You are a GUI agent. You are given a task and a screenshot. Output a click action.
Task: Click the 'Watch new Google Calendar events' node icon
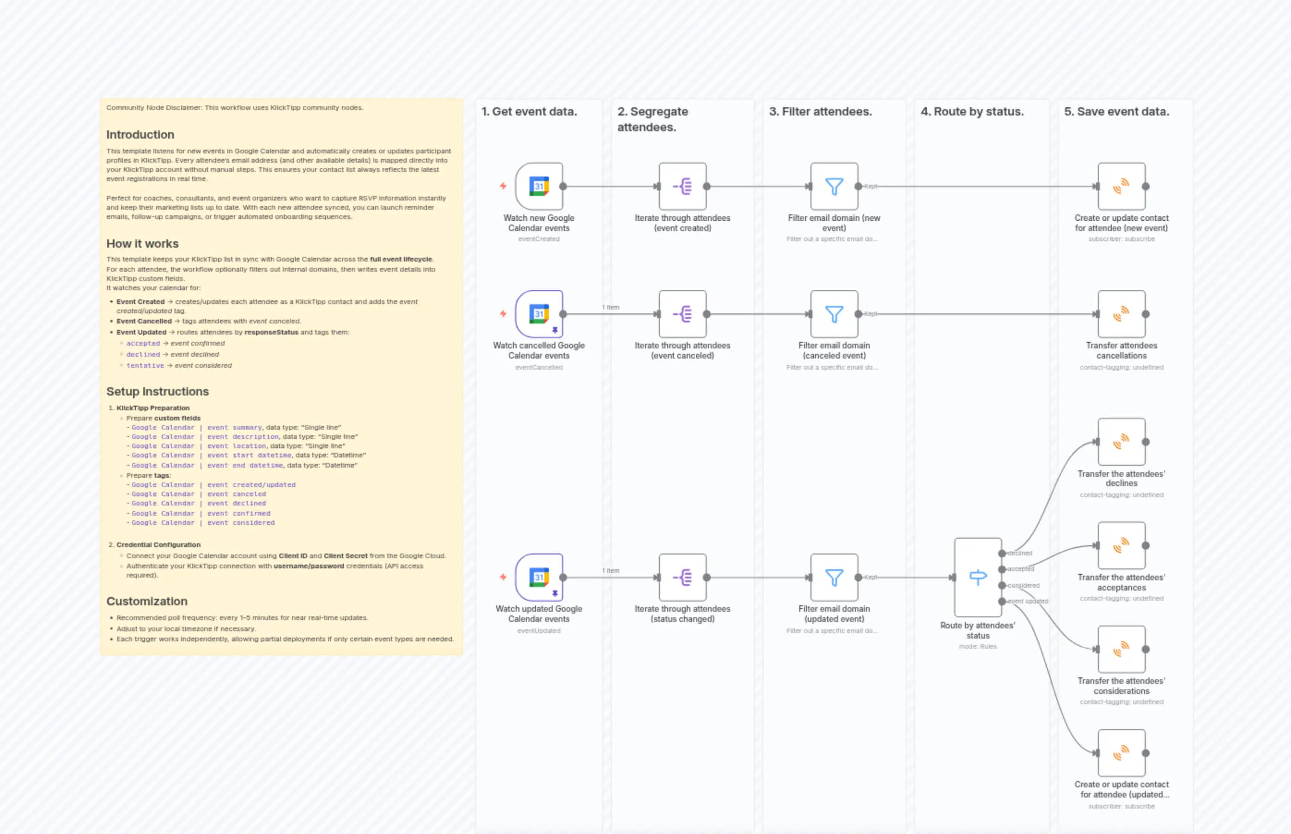click(x=539, y=186)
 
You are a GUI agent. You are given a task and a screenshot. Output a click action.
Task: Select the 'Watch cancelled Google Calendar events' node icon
click(x=539, y=314)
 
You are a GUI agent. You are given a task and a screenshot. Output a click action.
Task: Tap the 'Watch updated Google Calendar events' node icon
click(x=539, y=577)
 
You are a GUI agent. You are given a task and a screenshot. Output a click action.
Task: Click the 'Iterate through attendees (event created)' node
click(x=682, y=186)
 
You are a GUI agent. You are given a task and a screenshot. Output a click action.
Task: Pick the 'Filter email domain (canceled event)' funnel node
click(x=834, y=314)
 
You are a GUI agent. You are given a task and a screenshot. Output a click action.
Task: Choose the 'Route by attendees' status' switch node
click(x=977, y=577)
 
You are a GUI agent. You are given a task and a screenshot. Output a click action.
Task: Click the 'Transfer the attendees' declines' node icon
click(x=1121, y=442)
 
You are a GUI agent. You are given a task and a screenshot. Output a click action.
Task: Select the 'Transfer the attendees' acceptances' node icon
click(x=1121, y=545)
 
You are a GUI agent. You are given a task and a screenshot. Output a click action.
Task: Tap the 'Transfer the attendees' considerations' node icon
click(x=1121, y=649)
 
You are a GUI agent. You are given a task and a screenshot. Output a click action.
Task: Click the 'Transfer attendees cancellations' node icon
click(x=1121, y=314)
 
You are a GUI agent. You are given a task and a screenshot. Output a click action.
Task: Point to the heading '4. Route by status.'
click(x=972, y=111)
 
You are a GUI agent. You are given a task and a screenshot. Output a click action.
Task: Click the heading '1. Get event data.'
click(x=529, y=111)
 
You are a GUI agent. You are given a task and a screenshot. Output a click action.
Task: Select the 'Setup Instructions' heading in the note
click(x=158, y=391)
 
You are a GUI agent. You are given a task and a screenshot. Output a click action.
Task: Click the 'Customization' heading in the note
click(x=147, y=601)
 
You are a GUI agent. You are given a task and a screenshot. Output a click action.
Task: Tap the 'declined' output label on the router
click(x=1020, y=554)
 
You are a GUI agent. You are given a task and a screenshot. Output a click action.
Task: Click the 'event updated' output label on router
click(x=1027, y=601)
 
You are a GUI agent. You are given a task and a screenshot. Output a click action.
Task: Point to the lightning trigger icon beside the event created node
click(x=503, y=186)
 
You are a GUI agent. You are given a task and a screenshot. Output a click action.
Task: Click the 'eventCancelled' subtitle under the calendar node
click(x=539, y=367)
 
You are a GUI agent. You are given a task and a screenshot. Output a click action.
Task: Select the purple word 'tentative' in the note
click(x=145, y=365)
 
